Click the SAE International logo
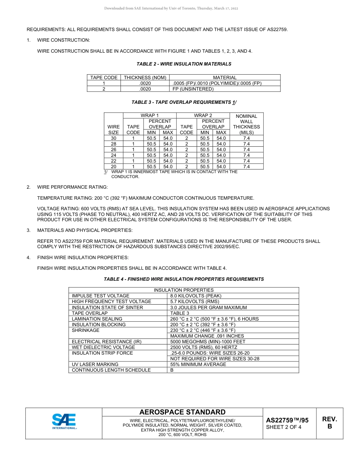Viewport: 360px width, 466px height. pos(64,421)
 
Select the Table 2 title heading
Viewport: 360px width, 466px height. pos(184,64)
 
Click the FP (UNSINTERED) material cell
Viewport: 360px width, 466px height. pos(193,89)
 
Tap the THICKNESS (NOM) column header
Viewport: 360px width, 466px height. pos(145,78)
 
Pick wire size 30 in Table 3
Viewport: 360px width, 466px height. pos(113,138)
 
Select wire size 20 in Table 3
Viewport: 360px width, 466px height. pos(113,167)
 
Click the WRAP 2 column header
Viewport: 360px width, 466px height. pos(203,116)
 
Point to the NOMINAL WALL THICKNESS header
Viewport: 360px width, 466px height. pos(246,124)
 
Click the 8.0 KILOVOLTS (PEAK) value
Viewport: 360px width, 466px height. pos(196,296)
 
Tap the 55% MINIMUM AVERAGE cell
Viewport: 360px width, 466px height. pos(198,364)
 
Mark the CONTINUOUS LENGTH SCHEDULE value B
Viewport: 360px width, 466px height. pos(172,370)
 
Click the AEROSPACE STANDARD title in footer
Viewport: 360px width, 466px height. pos(182,412)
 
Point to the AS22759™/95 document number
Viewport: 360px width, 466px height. pos(287,420)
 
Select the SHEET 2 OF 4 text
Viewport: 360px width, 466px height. pos(284,427)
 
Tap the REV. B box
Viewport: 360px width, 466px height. pos(329,423)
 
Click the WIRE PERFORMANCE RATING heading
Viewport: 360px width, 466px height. pos(72,187)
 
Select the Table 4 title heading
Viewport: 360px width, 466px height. pos(184,279)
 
